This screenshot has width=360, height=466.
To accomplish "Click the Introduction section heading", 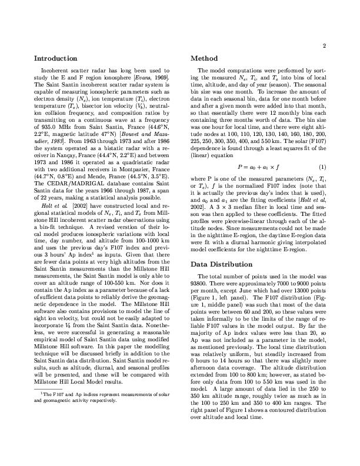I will click(55, 59).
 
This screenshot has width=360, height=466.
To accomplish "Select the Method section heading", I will click(206, 59).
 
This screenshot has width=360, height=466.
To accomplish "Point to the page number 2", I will click(324, 46).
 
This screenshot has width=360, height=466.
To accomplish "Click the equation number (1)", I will click(322, 151).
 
